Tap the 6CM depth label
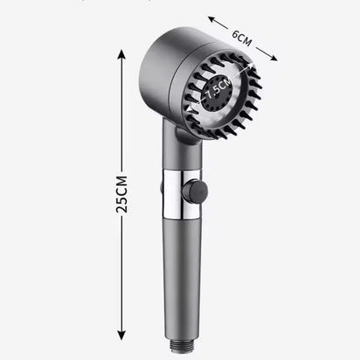click(x=244, y=38)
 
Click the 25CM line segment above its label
click(x=123, y=114)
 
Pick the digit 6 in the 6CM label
click(x=234, y=32)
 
